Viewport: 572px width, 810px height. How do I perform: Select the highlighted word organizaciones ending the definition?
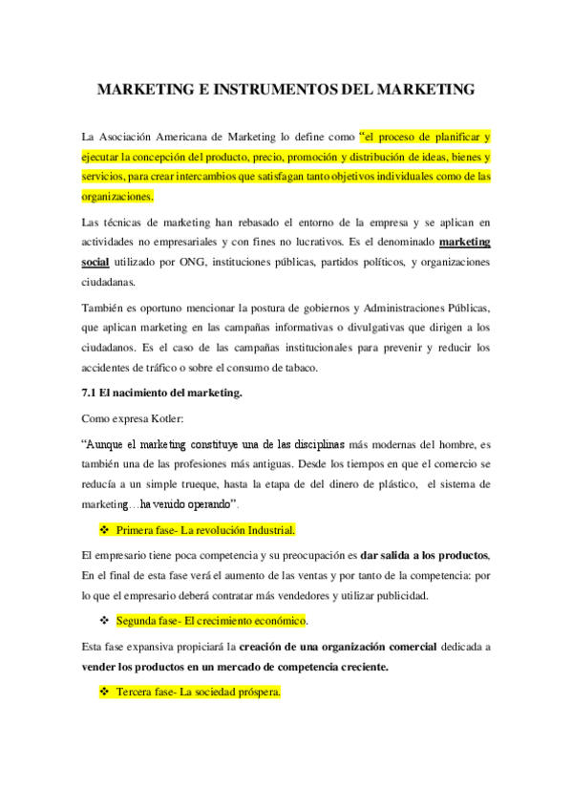click(x=117, y=197)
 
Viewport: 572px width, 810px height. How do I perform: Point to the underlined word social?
click(x=95, y=263)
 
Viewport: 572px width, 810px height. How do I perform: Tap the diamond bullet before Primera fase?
click(x=105, y=529)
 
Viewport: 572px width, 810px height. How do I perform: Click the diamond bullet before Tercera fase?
click(x=105, y=692)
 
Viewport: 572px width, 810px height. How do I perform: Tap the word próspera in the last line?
click(x=259, y=693)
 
